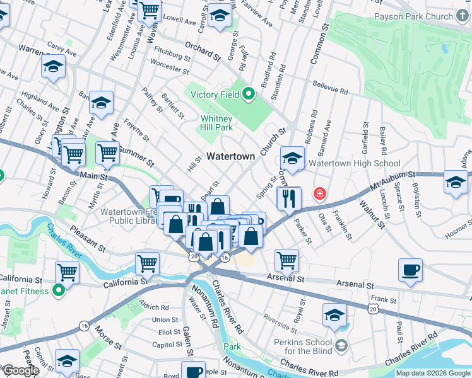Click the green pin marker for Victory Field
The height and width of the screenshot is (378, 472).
click(x=249, y=95)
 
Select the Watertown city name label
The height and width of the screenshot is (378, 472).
click(x=231, y=156)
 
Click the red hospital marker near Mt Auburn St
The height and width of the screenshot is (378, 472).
click(x=320, y=193)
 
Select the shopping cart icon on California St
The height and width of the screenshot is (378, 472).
click(x=67, y=273)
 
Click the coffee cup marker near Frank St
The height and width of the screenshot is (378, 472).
click(x=410, y=270)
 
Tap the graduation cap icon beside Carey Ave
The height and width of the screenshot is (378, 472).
click(x=54, y=66)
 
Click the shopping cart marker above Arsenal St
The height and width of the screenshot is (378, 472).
click(x=286, y=259)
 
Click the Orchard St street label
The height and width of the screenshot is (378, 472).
click(x=201, y=52)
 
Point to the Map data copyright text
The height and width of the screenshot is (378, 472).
click(x=432, y=373)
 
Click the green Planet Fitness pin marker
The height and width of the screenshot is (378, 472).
click(x=59, y=291)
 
